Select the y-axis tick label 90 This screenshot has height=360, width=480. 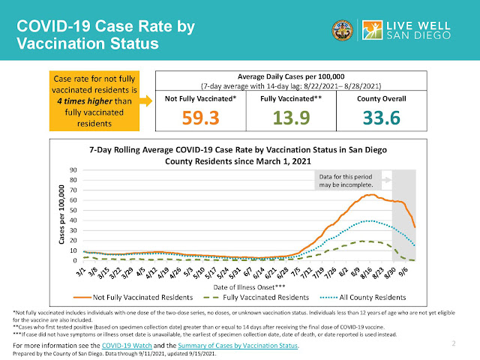[73, 170]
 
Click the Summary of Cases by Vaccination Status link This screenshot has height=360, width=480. [243, 344]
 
